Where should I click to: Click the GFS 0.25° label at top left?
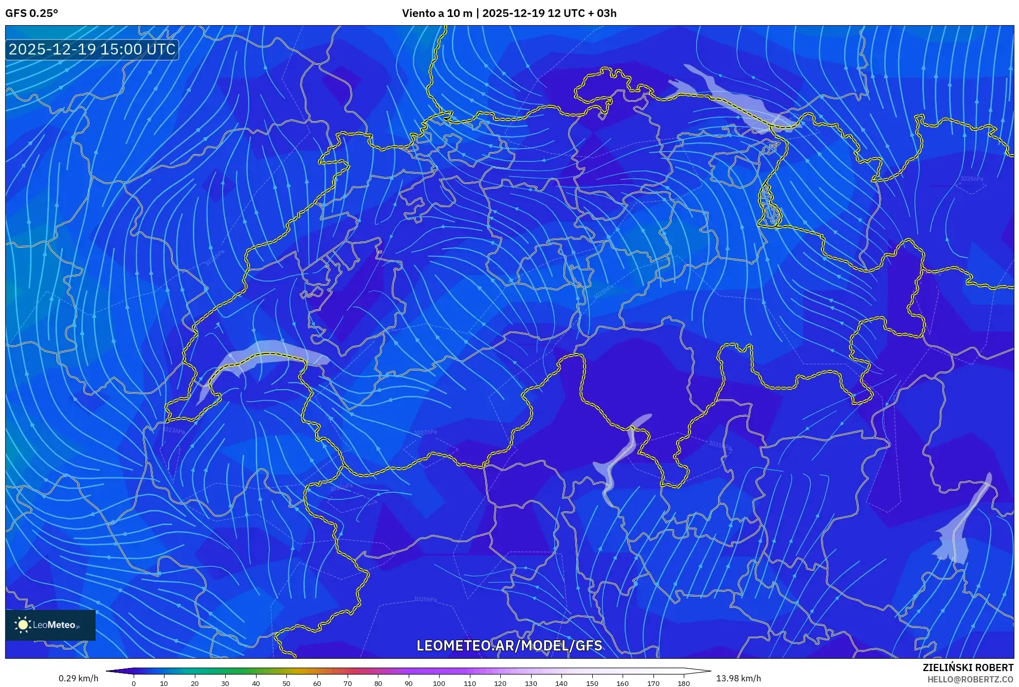click(x=31, y=13)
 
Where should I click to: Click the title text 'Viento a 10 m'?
click(x=436, y=13)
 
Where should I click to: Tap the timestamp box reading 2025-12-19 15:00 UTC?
click(x=92, y=49)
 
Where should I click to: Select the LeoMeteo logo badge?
click(x=50, y=625)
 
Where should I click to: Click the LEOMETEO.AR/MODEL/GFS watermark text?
click(x=509, y=645)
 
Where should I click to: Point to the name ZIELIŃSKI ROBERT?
click(x=968, y=667)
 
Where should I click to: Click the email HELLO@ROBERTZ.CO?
click(x=970, y=679)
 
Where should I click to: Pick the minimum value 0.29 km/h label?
click(x=78, y=678)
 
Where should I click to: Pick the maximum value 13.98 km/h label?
click(x=738, y=678)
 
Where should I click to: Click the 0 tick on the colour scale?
click(x=134, y=683)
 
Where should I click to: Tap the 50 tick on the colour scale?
click(x=286, y=683)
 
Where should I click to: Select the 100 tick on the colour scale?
click(x=439, y=683)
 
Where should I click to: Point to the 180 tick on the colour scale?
click(x=683, y=683)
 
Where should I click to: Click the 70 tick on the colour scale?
click(x=348, y=683)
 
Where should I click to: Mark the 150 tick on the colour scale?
click(x=592, y=683)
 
